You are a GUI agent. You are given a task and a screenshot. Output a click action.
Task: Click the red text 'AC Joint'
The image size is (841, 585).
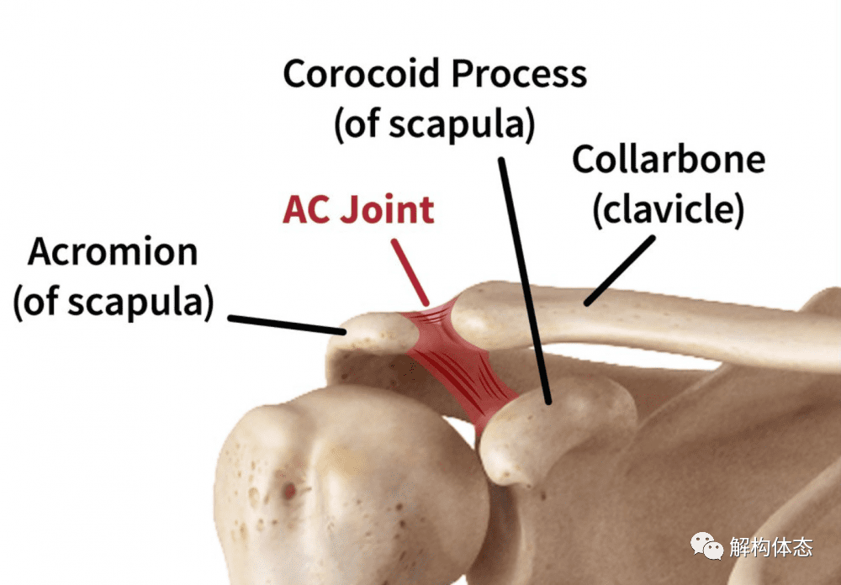[358, 209]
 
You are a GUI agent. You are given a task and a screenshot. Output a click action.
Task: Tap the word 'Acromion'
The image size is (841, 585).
[114, 251]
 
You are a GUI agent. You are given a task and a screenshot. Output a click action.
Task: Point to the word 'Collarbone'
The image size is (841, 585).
[669, 159]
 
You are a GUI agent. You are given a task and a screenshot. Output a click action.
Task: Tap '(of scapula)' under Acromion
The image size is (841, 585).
[114, 303]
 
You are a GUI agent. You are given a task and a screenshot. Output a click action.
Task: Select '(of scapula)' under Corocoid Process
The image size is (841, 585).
[435, 124]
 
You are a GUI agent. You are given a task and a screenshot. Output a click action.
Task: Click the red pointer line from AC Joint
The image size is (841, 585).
[410, 271]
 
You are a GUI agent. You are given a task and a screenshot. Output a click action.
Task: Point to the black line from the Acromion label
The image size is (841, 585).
[287, 325]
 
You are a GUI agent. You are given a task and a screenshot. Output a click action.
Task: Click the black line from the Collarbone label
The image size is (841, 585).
[620, 271]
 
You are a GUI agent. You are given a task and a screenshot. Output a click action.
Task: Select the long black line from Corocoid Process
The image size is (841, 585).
[525, 281]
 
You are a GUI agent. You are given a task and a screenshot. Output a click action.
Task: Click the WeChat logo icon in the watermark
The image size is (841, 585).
[707, 545]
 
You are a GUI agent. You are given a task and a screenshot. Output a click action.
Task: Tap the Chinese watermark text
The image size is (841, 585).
[770, 547]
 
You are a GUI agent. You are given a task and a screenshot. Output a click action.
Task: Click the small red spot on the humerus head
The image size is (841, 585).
[289, 489]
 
